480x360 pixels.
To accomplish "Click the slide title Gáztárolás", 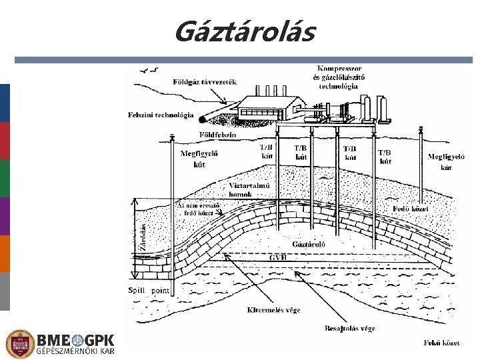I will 244,31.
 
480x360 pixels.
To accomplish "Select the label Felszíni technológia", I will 161,115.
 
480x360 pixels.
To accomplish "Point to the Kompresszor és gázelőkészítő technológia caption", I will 339,77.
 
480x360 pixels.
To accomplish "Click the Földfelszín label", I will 217,135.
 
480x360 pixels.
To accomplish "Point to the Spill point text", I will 148,290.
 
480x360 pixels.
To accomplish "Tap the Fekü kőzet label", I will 441,343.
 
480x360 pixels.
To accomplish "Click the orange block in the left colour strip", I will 5,253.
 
